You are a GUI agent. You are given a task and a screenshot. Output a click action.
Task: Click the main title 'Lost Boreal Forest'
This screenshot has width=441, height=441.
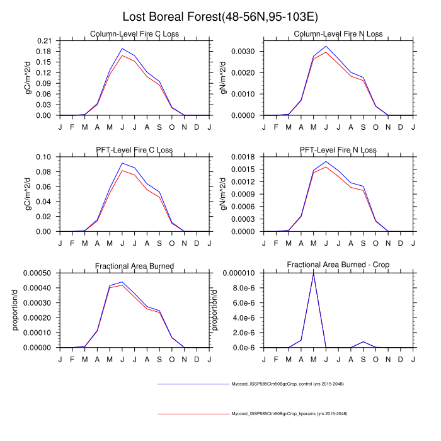pos(220,17)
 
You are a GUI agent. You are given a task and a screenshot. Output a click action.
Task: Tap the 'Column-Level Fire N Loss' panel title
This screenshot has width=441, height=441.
pos(312,34)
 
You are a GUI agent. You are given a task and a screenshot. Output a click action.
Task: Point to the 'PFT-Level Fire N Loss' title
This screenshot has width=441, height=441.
pos(312,150)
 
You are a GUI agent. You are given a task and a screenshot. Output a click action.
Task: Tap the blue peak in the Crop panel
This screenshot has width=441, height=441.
pos(313,273)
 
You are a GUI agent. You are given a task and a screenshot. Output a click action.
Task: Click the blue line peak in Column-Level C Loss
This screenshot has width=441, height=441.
pos(122,49)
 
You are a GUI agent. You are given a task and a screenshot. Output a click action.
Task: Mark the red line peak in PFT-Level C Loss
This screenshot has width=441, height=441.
pos(122,170)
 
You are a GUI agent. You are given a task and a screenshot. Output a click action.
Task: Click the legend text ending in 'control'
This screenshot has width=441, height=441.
pos(287,384)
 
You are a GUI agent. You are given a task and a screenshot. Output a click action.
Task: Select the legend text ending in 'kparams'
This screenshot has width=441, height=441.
pos(289,414)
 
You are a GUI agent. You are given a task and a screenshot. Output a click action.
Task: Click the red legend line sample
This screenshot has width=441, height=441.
pos(192,414)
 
